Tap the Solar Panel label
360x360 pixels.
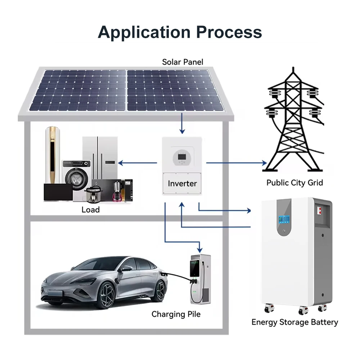[x=183, y=62]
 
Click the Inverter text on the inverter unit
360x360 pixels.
[x=182, y=184]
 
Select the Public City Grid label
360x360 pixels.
[x=294, y=183]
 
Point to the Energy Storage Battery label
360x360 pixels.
[x=294, y=322]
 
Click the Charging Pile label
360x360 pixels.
[x=176, y=314]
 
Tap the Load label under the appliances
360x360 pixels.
[x=90, y=210]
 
